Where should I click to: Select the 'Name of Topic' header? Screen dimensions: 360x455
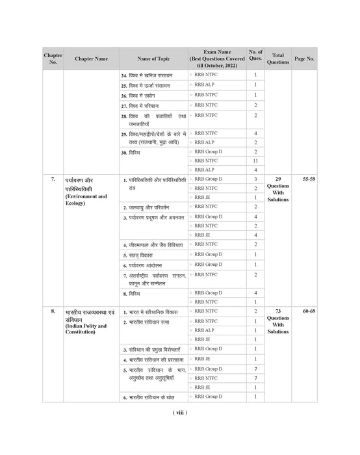[x=153, y=58]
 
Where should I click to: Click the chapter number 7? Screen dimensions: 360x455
[x=53, y=178]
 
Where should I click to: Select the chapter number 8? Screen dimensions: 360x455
[x=53, y=312]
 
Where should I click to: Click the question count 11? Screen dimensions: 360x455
[x=255, y=161]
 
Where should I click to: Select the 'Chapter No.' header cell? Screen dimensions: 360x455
[x=53, y=58]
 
